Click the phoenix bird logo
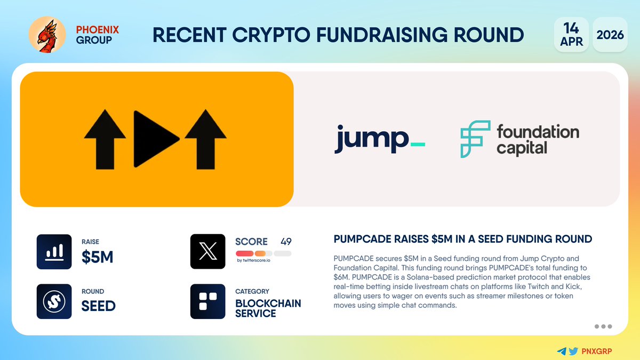point(47,35)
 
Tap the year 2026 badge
point(610,35)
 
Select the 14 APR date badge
point(571,35)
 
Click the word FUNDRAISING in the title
point(382,35)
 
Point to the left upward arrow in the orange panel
point(105,139)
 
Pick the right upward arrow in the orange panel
point(206,139)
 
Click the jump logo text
point(371,139)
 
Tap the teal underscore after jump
point(418,145)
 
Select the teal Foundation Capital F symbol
point(475,139)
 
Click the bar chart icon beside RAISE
point(54,252)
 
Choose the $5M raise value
point(98,257)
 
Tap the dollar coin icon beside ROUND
point(54,301)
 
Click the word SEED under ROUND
point(99,306)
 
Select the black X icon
point(207,251)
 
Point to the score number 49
point(286,242)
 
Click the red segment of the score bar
point(245,253)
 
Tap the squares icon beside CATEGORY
point(207,301)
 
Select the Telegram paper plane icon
point(562,351)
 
